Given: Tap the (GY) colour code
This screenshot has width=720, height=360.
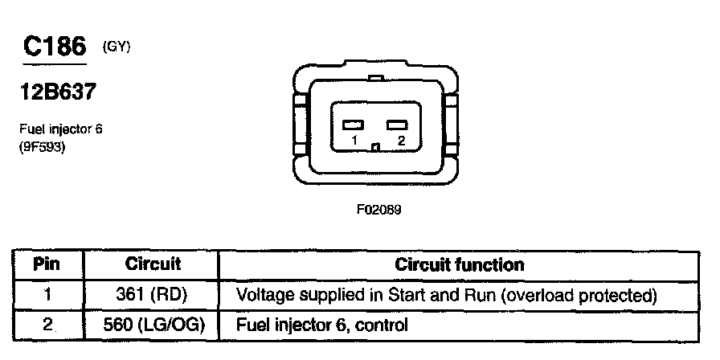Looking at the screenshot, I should [116, 47].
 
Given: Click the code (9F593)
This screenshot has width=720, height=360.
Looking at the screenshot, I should [43, 146].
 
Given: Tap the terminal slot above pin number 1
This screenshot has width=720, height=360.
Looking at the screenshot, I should [354, 125].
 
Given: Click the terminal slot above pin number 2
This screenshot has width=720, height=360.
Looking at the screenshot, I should [398, 125].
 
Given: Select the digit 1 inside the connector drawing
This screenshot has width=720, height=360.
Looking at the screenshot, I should [354, 140].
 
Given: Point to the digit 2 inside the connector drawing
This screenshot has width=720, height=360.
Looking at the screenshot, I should [399, 140].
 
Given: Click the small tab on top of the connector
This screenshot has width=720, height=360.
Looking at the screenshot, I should [376, 78].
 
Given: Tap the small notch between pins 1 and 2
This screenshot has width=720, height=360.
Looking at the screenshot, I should [376, 146].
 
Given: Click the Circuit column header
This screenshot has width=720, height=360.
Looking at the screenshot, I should [153, 264].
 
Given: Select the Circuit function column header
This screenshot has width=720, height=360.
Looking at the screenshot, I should [459, 264].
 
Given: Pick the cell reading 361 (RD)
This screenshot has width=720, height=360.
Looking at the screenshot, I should [153, 295].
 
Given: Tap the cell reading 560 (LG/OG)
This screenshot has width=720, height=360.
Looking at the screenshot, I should [153, 325].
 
